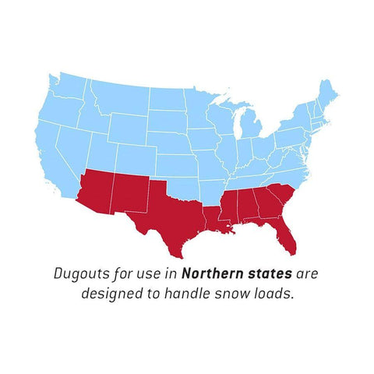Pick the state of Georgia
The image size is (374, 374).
(x=266, y=206)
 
